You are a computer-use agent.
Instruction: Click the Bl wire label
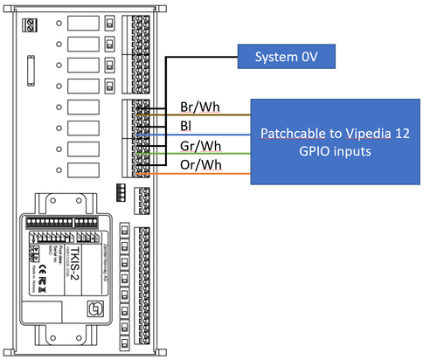coord(186,126)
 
